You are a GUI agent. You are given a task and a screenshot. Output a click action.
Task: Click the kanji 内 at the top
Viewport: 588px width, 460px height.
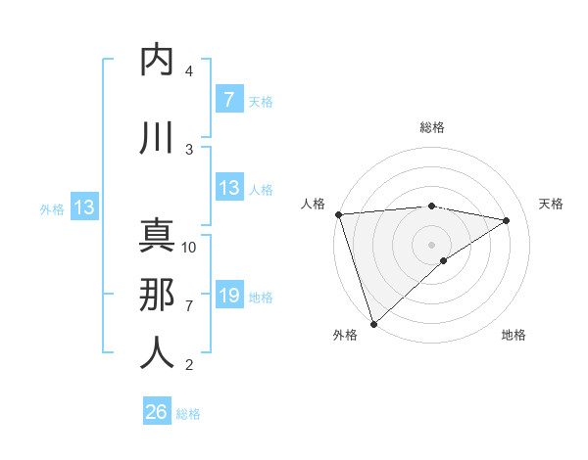pos(157,60)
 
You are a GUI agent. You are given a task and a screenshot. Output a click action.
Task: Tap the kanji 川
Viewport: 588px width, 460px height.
pos(157,138)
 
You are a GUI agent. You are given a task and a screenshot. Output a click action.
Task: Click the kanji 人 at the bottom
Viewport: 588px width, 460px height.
pos(157,352)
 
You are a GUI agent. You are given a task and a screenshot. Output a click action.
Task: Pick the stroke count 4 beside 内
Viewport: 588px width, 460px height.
pos(189,71)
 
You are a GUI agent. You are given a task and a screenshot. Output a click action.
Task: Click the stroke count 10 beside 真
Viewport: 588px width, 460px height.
pos(189,248)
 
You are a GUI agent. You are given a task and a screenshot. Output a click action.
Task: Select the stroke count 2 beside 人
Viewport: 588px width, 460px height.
pos(189,365)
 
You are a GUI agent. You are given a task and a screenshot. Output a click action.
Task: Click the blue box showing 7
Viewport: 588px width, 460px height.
pos(228,99)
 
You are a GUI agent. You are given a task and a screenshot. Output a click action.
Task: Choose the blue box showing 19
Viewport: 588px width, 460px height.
pos(228,295)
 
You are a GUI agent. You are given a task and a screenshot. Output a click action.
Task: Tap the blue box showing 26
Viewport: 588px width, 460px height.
pos(156,412)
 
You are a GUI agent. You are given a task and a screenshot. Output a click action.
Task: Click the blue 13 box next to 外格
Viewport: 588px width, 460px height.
pos(83,207)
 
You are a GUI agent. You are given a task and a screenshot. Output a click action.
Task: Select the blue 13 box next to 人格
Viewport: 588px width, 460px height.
pos(228,188)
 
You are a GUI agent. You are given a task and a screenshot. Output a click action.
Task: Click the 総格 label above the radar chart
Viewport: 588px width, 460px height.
pos(431,127)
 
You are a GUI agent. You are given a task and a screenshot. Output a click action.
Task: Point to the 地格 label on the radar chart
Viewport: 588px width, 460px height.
pos(514,335)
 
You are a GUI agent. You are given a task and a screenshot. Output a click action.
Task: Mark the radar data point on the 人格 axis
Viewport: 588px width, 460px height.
pos(338,214)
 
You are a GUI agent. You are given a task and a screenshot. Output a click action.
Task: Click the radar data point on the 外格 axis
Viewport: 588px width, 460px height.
pos(373,322)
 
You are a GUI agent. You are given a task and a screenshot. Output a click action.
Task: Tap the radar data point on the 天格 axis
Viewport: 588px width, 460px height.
pos(507,220)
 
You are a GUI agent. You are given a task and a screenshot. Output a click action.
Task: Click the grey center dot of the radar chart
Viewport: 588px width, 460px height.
pos(431,244)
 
